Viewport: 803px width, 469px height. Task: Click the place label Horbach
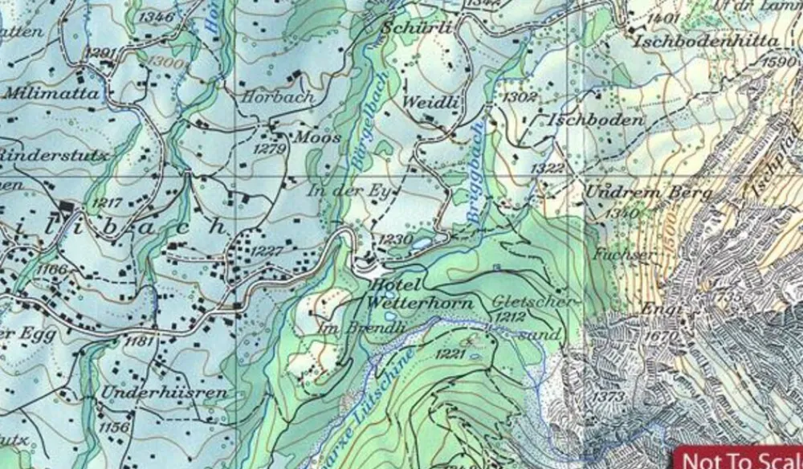point(278,96)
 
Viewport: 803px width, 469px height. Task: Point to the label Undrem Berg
point(649,193)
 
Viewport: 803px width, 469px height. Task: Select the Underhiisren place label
point(165,393)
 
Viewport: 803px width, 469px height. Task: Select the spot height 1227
point(267,252)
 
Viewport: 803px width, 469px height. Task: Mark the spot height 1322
point(548,168)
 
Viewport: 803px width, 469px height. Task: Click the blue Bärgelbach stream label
point(368,120)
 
